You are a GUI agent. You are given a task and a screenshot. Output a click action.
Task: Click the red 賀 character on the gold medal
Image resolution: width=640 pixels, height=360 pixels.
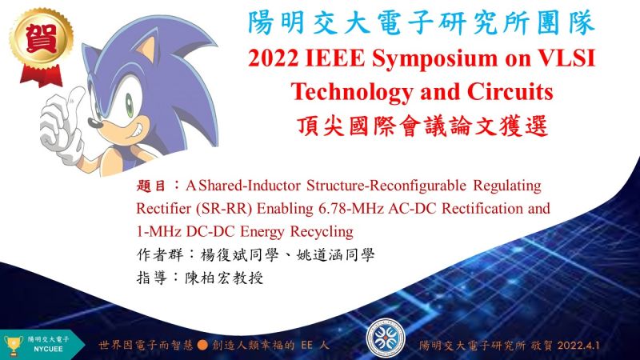[42, 38]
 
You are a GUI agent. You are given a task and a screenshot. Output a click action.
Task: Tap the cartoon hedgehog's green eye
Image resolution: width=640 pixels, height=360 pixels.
[129, 105]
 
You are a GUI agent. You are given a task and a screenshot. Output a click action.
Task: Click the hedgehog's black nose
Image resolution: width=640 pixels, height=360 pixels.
[94, 122]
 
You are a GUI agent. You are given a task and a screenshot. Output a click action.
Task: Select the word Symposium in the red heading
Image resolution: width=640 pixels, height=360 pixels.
[434, 58]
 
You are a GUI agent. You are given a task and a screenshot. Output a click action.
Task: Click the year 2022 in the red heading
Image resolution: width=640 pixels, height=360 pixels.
[273, 58]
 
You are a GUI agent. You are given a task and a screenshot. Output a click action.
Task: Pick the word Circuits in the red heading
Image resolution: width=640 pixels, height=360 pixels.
[510, 91]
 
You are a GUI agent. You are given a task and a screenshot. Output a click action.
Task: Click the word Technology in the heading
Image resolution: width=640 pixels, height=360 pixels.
[352, 92]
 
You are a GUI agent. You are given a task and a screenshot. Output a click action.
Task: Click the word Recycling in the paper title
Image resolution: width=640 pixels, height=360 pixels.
[322, 232]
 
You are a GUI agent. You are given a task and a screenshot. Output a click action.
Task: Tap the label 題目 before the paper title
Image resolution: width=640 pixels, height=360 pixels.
[150, 186]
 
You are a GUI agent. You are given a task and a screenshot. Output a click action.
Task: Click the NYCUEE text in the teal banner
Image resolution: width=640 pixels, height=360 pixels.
[48, 350]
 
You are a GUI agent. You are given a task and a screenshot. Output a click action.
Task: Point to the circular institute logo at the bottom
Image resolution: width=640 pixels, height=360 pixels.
[386, 338]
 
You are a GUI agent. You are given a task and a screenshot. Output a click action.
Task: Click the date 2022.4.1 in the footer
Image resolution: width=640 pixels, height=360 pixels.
[578, 346]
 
